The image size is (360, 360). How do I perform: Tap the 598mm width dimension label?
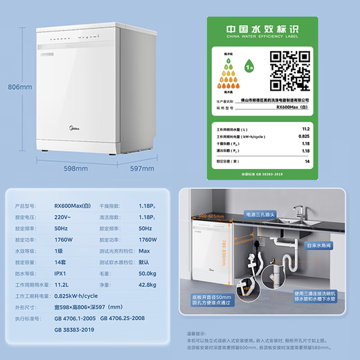[75, 167]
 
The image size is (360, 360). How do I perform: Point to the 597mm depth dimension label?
[141, 167]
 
